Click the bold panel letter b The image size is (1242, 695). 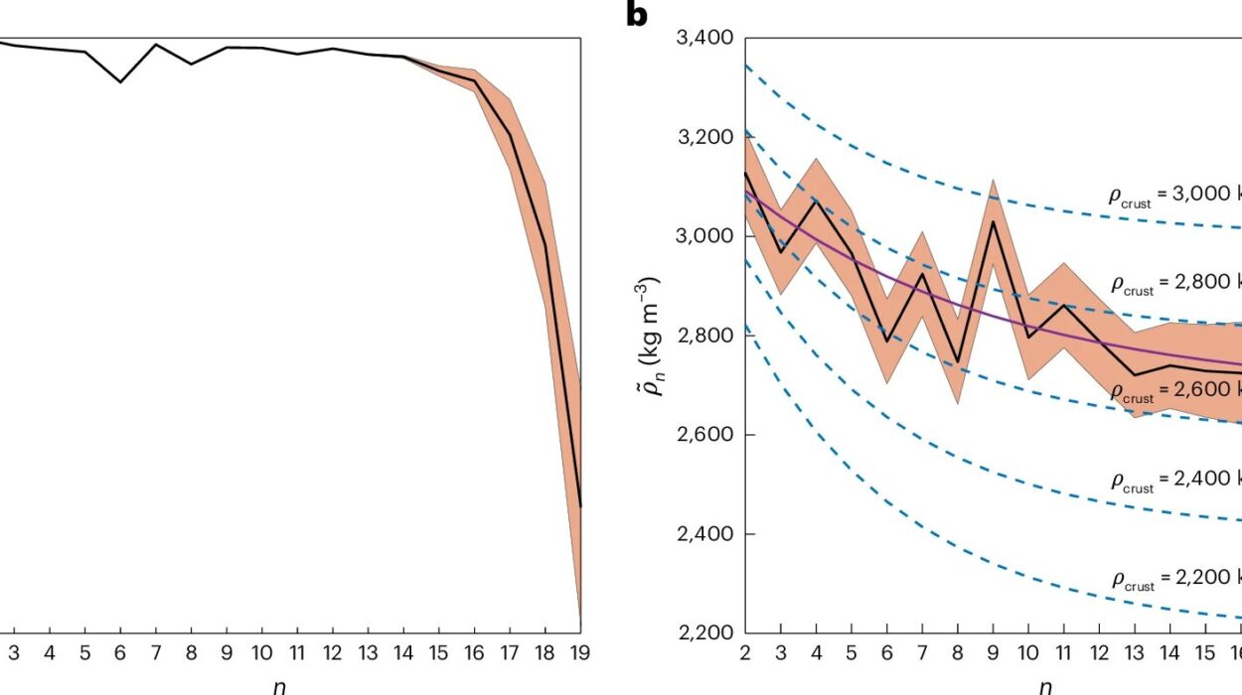pos(637,15)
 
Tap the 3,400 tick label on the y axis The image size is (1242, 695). pos(704,39)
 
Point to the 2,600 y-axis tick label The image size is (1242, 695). pos(704,435)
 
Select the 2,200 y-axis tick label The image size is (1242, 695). pos(704,632)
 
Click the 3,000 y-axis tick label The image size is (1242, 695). pos(704,236)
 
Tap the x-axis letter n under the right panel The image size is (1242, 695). pos(1044,684)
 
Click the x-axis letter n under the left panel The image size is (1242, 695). pos(280,684)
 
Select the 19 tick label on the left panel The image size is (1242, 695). pos(580,654)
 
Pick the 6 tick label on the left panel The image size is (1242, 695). pos(120,654)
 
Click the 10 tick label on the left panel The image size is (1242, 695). pos(261,654)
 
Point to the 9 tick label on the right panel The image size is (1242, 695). pos(993,654)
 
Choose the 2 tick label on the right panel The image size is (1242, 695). pos(745,654)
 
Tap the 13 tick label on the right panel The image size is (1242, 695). pos(1134,654)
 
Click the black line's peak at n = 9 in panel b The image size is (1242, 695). pos(993,220)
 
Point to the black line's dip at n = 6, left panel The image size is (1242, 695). pos(120,81)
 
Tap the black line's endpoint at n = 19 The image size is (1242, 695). pos(580,506)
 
